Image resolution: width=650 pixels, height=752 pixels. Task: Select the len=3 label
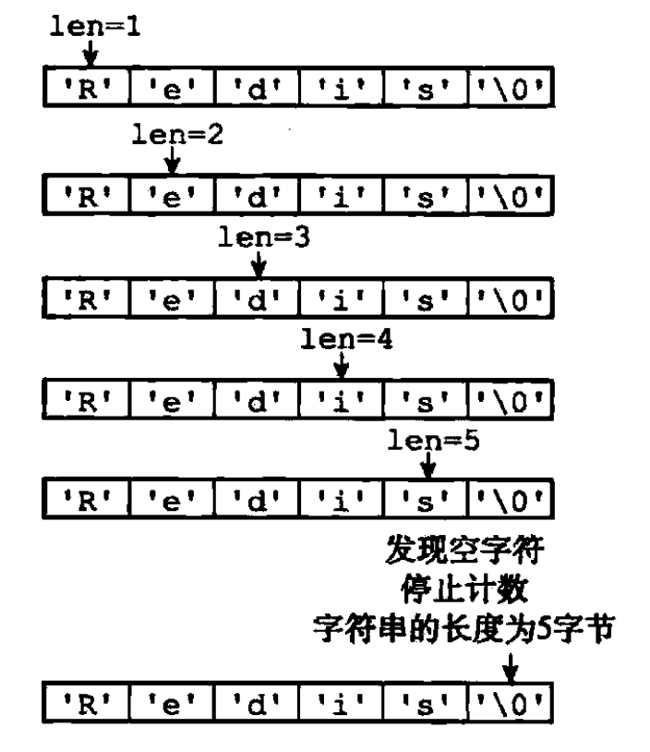tap(261, 237)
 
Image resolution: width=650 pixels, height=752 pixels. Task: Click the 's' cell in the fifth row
tap(427, 506)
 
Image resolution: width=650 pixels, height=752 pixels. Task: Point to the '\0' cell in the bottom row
tap(511, 712)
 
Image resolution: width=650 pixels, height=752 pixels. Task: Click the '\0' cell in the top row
tap(511, 85)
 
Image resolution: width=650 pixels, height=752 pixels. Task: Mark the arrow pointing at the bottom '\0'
tap(509, 669)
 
